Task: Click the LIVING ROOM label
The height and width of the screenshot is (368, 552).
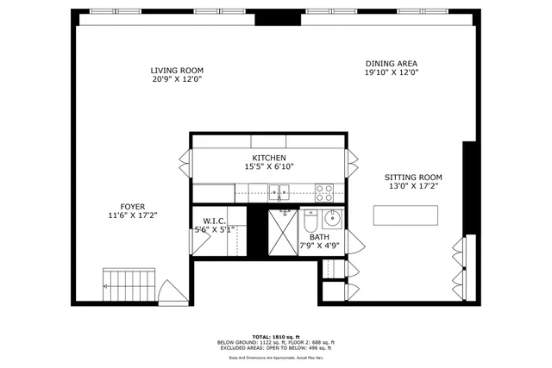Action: click(x=177, y=71)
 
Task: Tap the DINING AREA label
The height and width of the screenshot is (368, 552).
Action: click(x=391, y=64)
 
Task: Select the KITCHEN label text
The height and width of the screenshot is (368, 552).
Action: click(x=268, y=158)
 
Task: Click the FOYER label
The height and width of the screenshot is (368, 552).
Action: click(x=132, y=206)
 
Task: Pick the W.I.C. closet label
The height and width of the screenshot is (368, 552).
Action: click(x=214, y=221)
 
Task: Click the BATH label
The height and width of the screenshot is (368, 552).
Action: click(x=319, y=237)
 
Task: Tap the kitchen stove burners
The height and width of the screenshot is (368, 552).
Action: click(x=325, y=191)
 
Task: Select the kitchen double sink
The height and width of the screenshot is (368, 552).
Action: click(x=283, y=191)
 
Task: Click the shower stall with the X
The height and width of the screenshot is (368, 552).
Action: click(x=282, y=233)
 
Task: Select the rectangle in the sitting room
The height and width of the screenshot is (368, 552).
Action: click(x=405, y=215)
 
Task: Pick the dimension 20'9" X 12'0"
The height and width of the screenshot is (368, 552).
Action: click(x=177, y=80)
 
